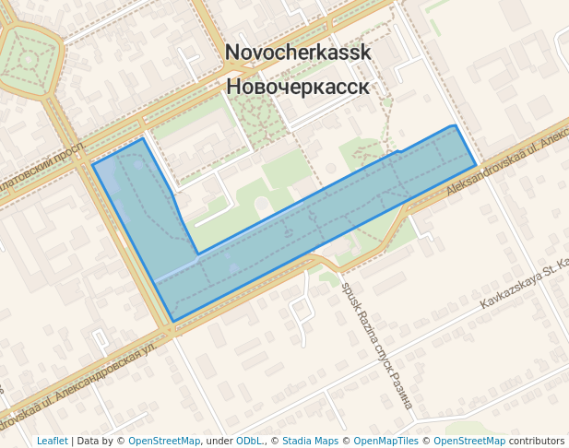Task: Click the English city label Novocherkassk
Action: pos(298,53)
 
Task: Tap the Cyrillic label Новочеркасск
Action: pos(298,87)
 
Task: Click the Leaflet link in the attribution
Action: pos(52,441)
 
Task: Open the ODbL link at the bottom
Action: pos(247,441)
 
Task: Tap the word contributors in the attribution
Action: pos(537,441)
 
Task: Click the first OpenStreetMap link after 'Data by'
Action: pos(164,441)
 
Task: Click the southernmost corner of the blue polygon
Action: pos(173,322)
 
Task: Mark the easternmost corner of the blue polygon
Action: pos(476,166)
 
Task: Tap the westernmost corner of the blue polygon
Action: pos(93,165)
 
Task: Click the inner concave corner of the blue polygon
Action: pos(197,253)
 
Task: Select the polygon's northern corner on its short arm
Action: pos(143,138)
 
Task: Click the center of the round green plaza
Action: pos(28,61)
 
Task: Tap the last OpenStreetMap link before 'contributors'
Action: pos(469,441)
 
